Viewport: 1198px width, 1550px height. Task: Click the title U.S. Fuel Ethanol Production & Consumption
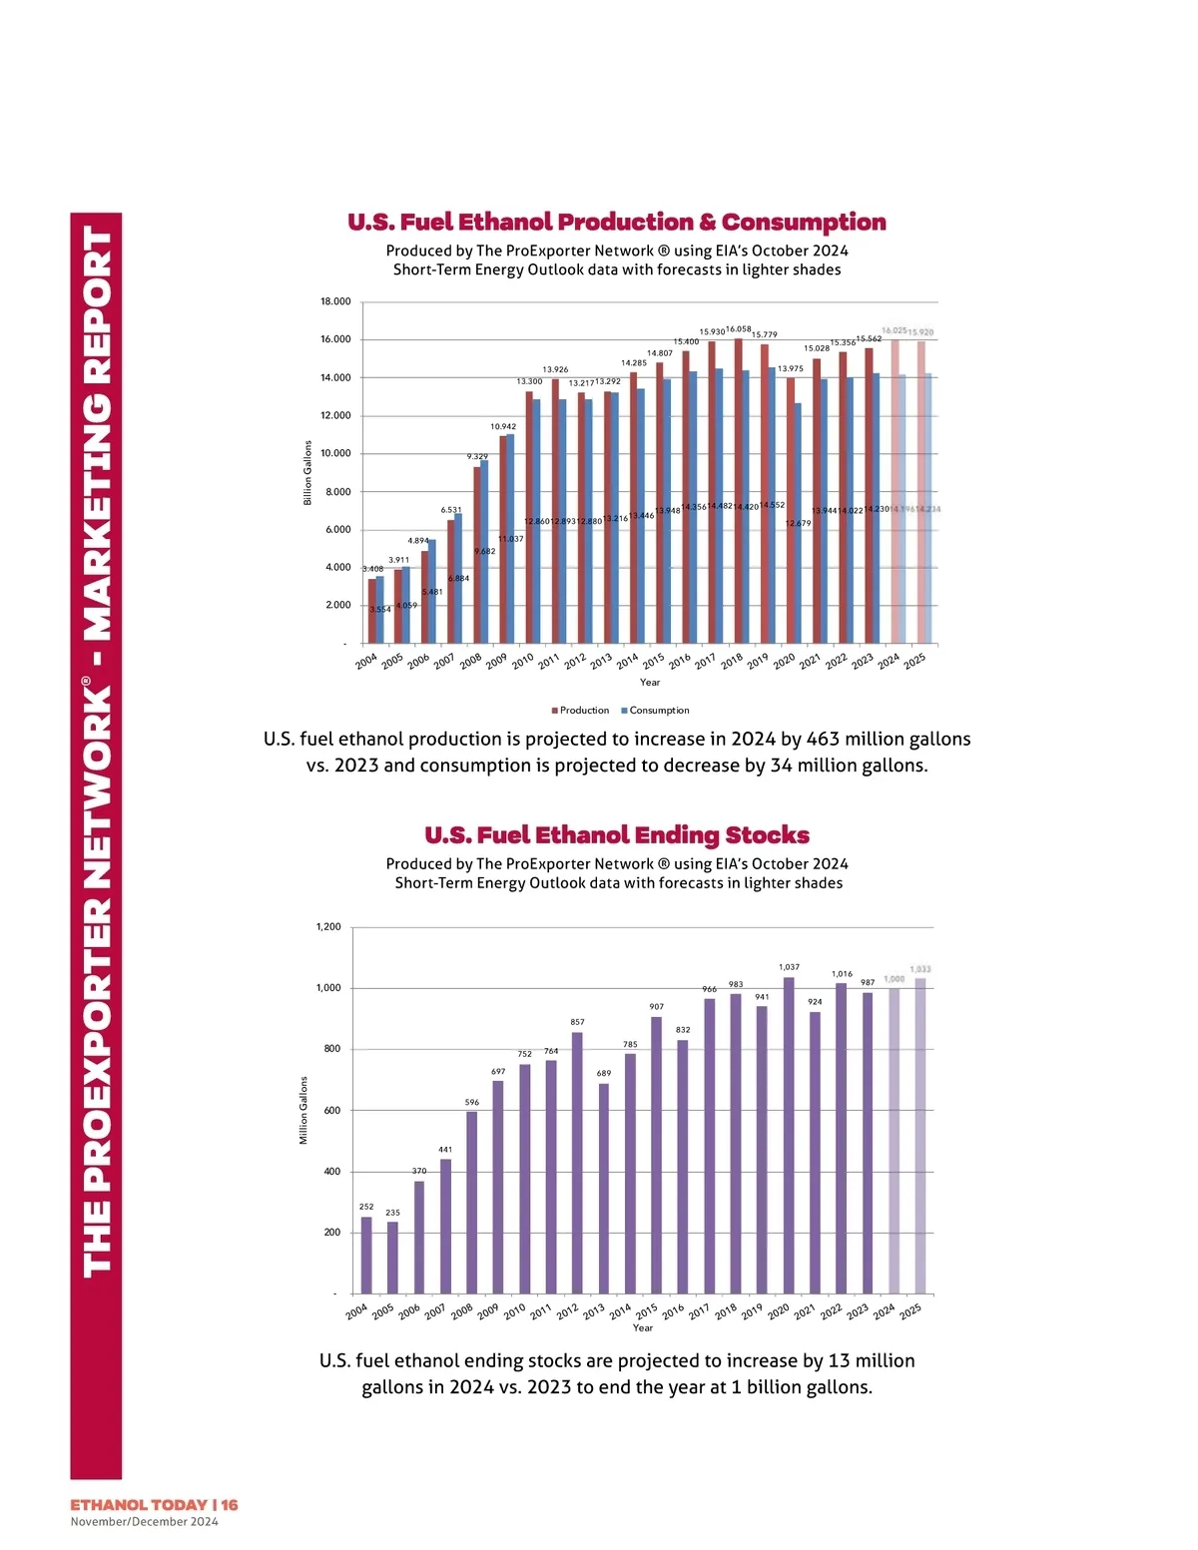[x=617, y=223]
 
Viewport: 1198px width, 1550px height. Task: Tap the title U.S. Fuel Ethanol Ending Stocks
[x=617, y=835]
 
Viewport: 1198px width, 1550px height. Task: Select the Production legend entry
[x=580, y=711]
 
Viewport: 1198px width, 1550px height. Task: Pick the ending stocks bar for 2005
[x=392, y=1258]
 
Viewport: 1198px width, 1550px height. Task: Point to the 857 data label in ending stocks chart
[x=577, y=1022]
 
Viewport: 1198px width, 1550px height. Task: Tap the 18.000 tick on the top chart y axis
[x=335, y=301]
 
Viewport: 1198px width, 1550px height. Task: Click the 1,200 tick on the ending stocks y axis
[x=328, y=927]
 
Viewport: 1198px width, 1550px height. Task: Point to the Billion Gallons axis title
[x=307, y=473]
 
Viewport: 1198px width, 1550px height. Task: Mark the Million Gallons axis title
[x=303, y=1110]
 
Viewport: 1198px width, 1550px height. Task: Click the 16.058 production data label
[x=739, y=328]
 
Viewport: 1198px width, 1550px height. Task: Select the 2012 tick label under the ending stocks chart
[x=567, y=1311]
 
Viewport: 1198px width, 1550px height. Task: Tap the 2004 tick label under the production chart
[x=366, y=662]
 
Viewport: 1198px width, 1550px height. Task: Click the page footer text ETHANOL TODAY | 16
[x=154, y=1504]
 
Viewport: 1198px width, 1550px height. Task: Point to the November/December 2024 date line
[x=144, y=1522]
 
